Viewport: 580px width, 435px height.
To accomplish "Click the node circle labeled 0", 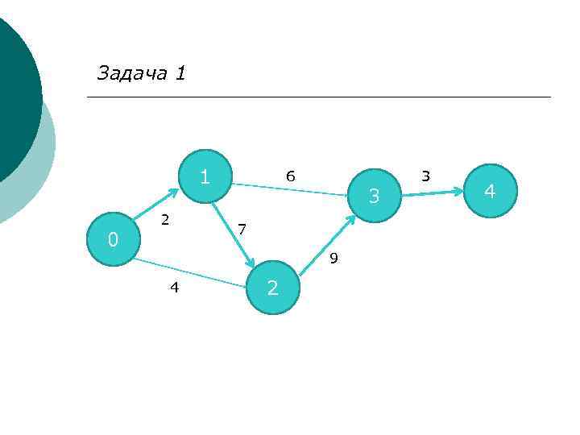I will [x=113, y=239].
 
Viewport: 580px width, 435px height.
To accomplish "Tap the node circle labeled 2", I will [x=273, y=288].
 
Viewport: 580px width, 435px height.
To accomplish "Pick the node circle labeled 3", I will [x=375, y=195].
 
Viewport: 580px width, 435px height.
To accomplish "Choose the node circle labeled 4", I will [x=489, y=192].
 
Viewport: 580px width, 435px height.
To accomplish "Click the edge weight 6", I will [x=291, y=176].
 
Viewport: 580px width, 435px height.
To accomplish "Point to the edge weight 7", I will [x=242, y=230].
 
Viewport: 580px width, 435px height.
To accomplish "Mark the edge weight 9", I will [x=333, y=259].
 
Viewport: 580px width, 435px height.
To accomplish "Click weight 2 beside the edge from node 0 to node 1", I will [x=164, y=218].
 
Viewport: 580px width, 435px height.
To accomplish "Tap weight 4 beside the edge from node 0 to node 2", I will [x=174, y=287].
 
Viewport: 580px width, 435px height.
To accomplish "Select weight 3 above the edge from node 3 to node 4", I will [x=426, y=176].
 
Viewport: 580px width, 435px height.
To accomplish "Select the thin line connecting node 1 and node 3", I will [x=290, y=188].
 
